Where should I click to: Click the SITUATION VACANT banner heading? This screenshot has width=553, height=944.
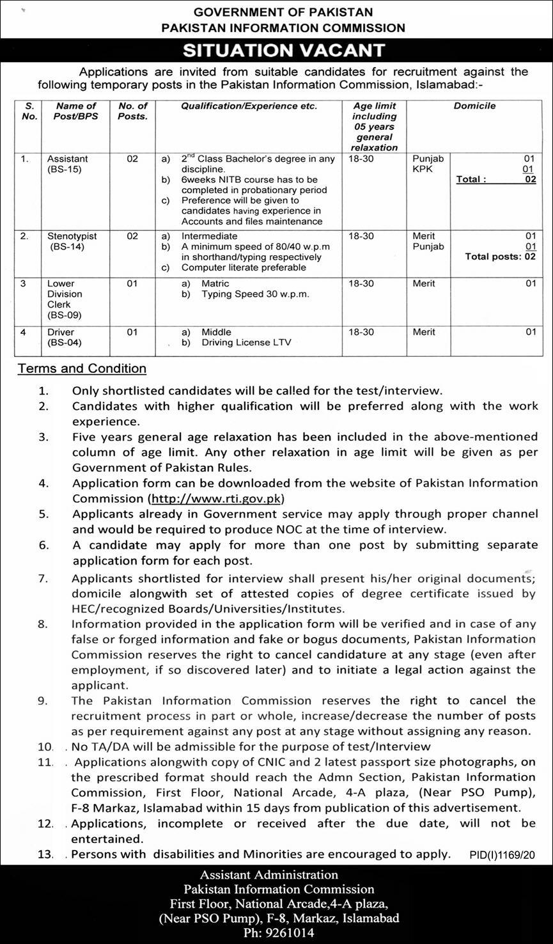(283, 50)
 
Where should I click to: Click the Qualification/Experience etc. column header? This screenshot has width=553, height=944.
(249, 106)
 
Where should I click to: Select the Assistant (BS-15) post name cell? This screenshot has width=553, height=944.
(67, 164)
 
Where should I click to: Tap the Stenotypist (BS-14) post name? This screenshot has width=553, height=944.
(67, 241)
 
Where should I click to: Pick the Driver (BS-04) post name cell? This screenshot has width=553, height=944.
(64, 337)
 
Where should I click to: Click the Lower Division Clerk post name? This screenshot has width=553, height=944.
(65, 299)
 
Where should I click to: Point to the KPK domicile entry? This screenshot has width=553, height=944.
(423, 169)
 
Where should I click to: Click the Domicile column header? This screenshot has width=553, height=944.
(474, 106)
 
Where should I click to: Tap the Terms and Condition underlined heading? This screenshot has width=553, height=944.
(82, 368)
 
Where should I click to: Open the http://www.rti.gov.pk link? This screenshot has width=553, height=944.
(216, 498)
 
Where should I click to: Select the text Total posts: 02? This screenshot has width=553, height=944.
(500, 256)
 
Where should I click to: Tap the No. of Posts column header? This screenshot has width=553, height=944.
(132, 111)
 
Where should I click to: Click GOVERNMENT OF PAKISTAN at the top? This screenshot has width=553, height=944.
(283, 12)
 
